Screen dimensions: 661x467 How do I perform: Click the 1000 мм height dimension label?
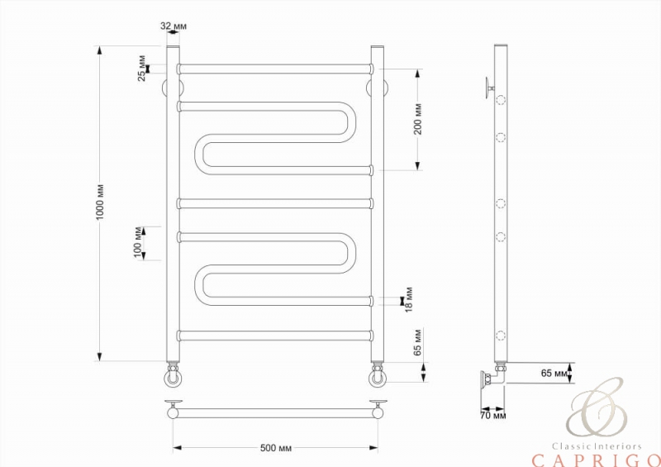click(100, 202)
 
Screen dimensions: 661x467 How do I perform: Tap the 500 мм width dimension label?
click(276, 448)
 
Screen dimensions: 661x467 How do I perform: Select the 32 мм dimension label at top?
click(174, 26)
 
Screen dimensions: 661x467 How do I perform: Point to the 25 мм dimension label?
click(141, 68)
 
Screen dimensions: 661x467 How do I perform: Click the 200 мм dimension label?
click(417, 119)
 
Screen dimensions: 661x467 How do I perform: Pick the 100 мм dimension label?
click(138, 242)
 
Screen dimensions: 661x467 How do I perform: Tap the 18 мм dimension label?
click(408, 299)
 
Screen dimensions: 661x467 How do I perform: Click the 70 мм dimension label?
click(492, 416)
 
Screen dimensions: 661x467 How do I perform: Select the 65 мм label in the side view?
click(554, 374)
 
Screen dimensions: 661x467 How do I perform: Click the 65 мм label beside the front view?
click(417, 342)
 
